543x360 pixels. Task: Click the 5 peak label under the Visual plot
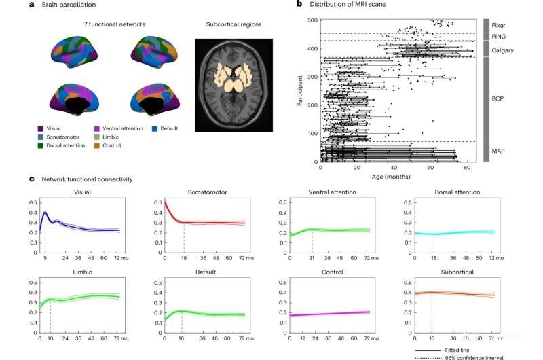45,258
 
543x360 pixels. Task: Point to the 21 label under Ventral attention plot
312,258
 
